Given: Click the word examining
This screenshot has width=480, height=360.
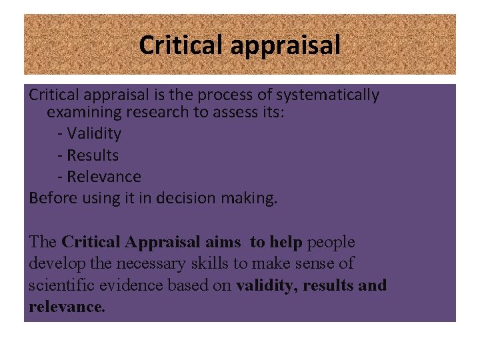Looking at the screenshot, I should point(85,112).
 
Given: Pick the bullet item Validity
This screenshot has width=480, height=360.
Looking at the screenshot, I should point(93,133).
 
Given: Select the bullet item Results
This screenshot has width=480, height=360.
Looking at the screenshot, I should point(92,155).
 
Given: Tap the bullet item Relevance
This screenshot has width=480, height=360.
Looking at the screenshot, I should point(103,177).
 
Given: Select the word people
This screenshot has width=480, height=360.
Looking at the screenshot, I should point(331,243).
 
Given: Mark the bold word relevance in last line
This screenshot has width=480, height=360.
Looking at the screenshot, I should point(65,307).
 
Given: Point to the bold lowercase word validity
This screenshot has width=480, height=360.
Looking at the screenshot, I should point(266,285).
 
